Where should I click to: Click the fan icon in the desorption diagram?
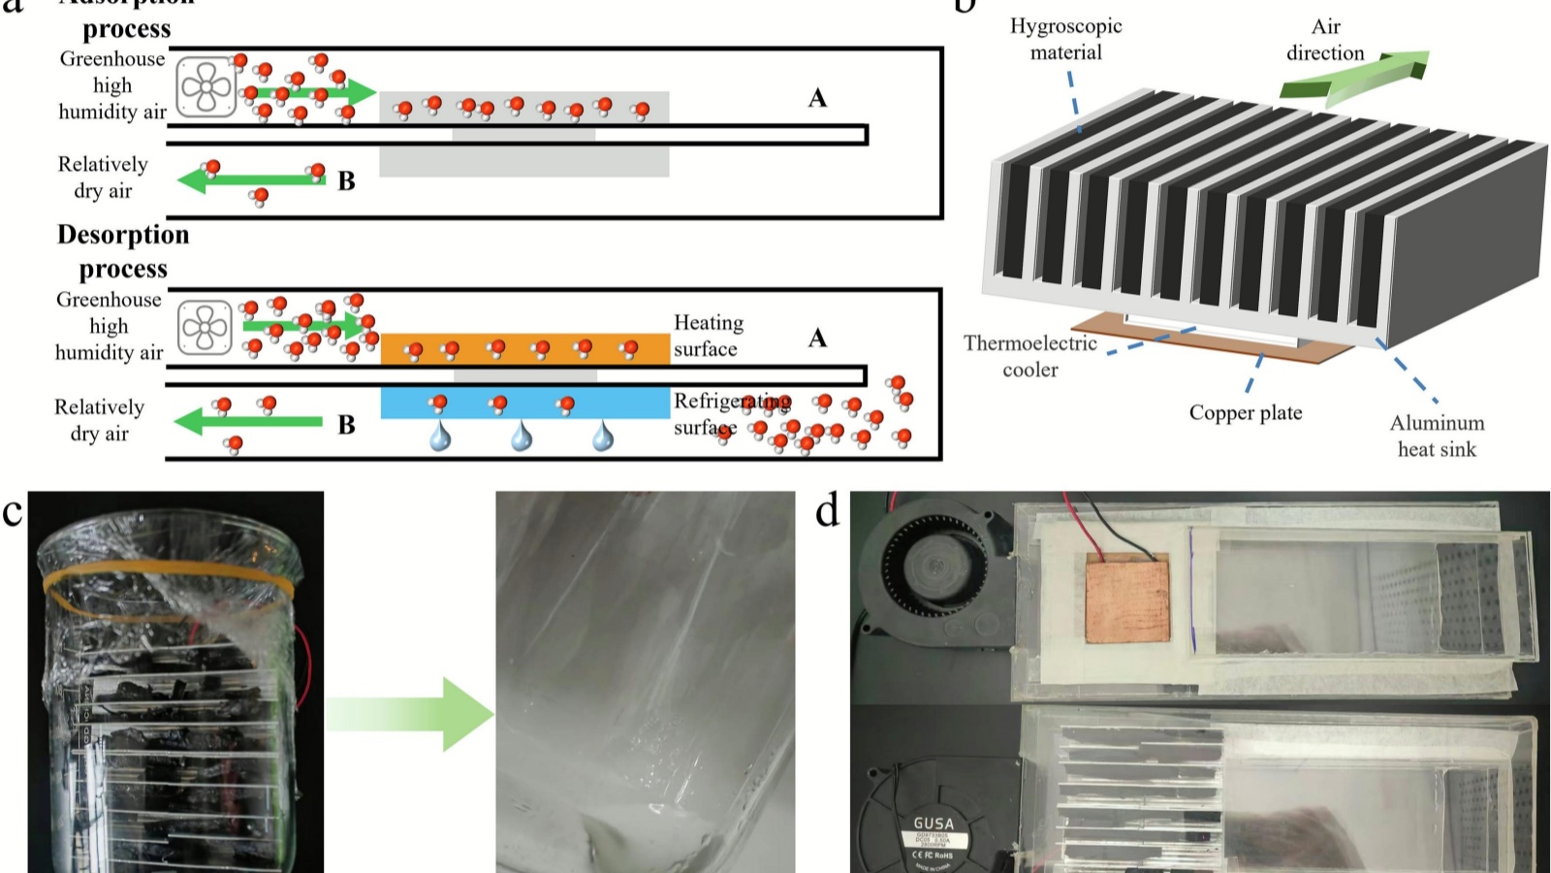point(206,327)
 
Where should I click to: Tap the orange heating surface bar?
point(524,348)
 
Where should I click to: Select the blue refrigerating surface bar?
point(524,403)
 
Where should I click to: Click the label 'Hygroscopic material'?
point(1065,39)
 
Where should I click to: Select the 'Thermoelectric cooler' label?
point(1030,356)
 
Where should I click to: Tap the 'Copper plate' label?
point(1246,413)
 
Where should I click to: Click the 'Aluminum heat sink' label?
point(1437,436)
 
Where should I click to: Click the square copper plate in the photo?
point(1127,600)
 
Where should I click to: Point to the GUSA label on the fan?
point(934,824)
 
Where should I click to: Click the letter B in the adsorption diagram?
point(346,181)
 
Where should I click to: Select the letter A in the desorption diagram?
point(817,338)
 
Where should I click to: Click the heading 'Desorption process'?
point(123,251)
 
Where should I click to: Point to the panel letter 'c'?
point(13,511)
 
